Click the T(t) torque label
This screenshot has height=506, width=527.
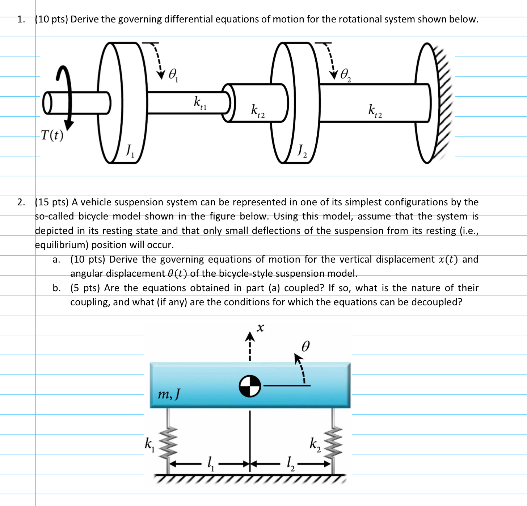click(52, 135)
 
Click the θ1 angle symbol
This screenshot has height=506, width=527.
click(173, 75)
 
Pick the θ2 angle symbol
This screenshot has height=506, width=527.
click(346, 75)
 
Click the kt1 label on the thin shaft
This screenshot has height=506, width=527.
click(200, 103)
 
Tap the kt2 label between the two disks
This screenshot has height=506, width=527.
click(258, 110)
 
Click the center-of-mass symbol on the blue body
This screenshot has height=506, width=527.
click(250, 386)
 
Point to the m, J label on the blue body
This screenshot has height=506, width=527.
click(169, 394)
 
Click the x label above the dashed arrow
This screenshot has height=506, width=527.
click(260, 328)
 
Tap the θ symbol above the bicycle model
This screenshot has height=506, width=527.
click(306, 347)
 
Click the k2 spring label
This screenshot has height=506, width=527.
click(315, 444)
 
